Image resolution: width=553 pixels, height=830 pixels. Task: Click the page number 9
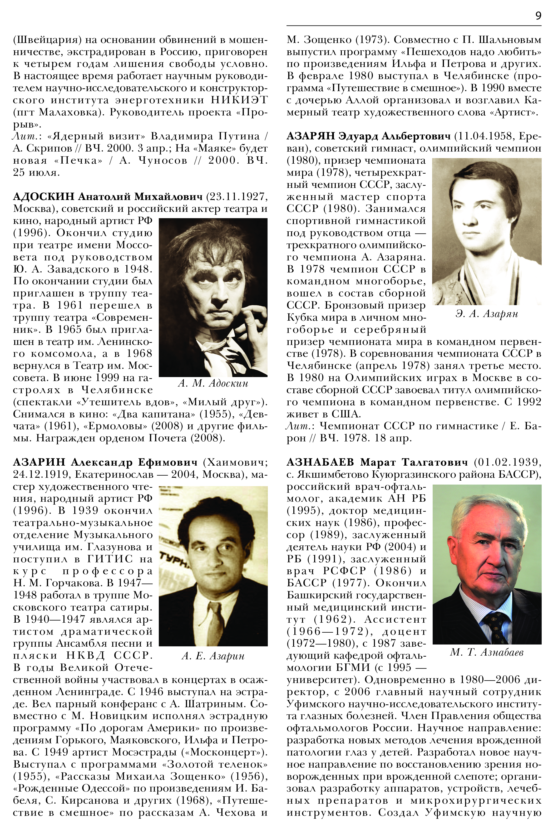pos(538,16)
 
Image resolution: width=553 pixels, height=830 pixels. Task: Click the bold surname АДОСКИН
pos(44,196)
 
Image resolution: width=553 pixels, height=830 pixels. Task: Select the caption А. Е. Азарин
pos(213,656)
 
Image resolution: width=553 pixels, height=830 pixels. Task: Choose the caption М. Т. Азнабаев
pos(487,652)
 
